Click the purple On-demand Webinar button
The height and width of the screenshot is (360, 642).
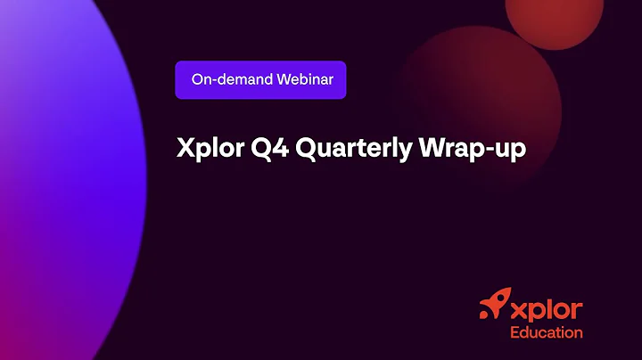pos(260,79)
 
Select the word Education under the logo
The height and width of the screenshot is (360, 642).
pos(546,332)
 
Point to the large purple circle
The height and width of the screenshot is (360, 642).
pos(53,178)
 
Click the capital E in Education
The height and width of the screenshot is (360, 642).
pos(514,332)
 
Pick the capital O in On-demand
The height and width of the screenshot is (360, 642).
pos(197,79)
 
